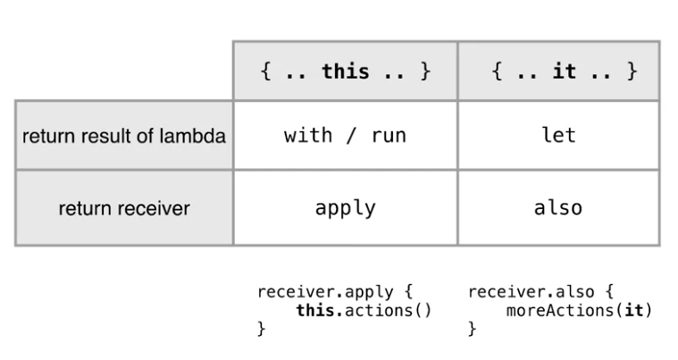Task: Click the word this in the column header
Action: [x=345, y=71]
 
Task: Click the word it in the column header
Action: [x=564, y=71]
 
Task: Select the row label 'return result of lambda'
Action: [x=123, y=137]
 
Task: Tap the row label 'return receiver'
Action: [x=123, y=209]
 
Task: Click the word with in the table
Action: [x=309, y=136]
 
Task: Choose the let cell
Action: [x=558, y=136]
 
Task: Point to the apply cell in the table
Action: [x=345, y=208]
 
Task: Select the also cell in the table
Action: [x=558, y=208]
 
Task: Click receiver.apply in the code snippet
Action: [x=324, y=292]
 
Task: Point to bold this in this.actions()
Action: [x=314, y=310]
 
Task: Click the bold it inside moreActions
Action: [x=636, y=310]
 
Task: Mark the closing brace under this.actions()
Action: [x=261, y=329]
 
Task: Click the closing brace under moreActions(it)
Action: [x=472, y=329]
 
